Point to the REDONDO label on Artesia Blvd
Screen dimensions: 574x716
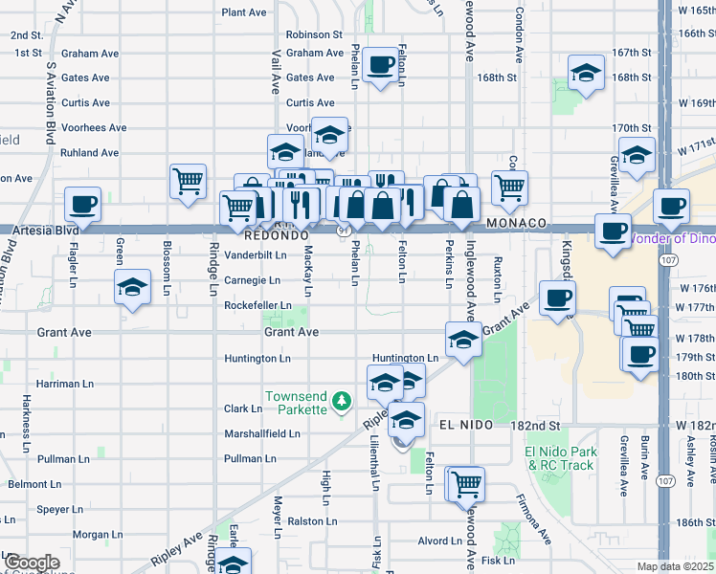[x=276, y=234]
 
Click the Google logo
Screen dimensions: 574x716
[x=32, y=563]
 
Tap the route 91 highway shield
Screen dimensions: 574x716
[x=343, y=230]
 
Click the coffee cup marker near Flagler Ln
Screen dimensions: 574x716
[x=82, y=204]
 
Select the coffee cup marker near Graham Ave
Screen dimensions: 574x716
[x=381, y=64]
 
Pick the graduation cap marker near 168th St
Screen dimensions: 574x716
[x=585, y=72]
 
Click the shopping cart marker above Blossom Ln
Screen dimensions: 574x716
[x=188, y=180]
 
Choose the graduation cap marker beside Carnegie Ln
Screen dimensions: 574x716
[x=132, y=286]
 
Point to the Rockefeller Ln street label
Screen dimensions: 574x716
[x=257, y=306]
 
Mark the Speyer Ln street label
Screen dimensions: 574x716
[x=61, y=510]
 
